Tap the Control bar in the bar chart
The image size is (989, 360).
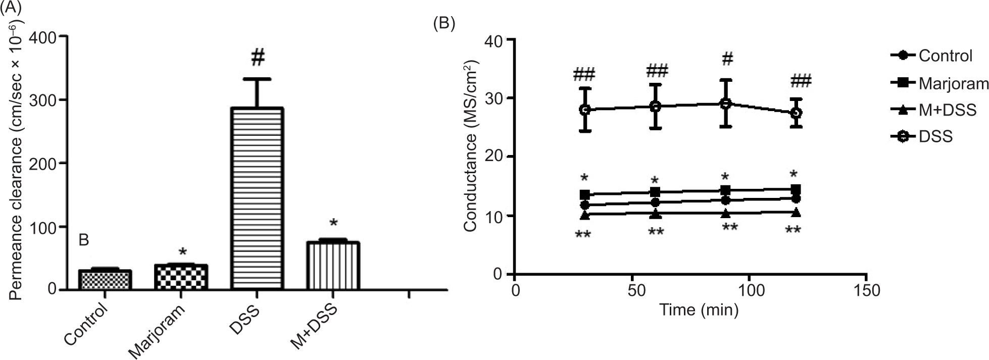click(x=105, y=280)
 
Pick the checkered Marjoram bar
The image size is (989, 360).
click(x=181, y=277)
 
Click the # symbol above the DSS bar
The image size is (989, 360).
click(x=257, y=58)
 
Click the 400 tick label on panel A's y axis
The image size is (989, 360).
click(x=44, y=36)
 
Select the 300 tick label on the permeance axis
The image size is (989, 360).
click(x=44, y=100)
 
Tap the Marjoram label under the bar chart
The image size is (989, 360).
click(x=157, y=330)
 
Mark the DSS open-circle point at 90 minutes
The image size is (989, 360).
click(x=725, y=104)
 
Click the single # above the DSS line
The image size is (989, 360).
click(x=727, y=59)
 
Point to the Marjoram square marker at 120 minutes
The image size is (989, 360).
click(x=796, y=189)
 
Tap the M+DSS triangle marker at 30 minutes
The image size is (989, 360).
click(x=585, y=215)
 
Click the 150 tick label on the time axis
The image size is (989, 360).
click(x=866, y=291)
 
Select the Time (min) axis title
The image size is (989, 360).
click(x=699, y=310)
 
